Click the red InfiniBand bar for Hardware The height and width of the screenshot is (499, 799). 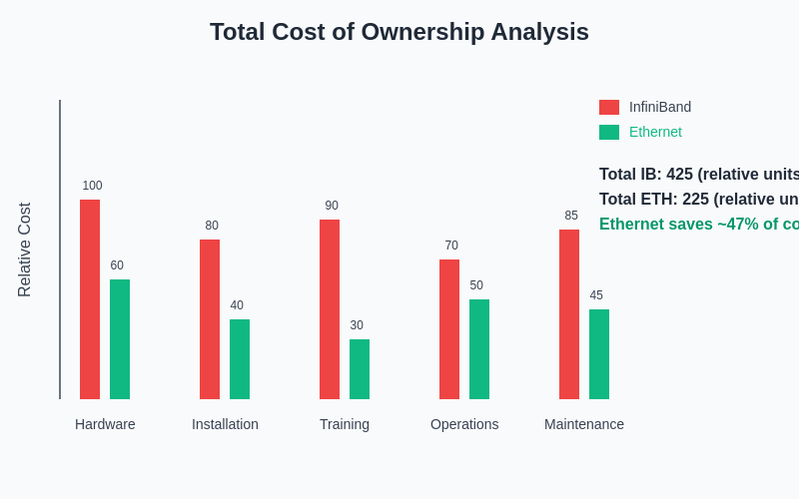[90, 299]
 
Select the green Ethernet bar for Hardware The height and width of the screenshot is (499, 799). [120, 339]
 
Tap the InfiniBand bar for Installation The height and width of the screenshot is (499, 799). [210, 319]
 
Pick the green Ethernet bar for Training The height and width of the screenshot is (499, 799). [360, 369]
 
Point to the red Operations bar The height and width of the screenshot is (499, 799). [449, 329]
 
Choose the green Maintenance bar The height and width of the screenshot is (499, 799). [599, 354]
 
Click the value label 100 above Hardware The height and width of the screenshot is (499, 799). [92, 186]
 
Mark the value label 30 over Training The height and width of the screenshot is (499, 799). [357, 325]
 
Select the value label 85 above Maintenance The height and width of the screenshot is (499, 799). [571, 216]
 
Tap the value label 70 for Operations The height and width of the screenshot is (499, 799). [451, 246]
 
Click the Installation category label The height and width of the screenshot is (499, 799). [225, 424]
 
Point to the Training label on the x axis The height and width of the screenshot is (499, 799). [345, 424]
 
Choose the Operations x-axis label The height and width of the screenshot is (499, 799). [464, 424]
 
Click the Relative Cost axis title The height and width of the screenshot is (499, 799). [25, 249]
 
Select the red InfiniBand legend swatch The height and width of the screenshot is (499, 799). [609, 107]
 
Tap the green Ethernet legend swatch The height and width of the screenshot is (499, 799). [609, 132]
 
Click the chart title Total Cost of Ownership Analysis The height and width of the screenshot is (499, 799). [399, 32]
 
